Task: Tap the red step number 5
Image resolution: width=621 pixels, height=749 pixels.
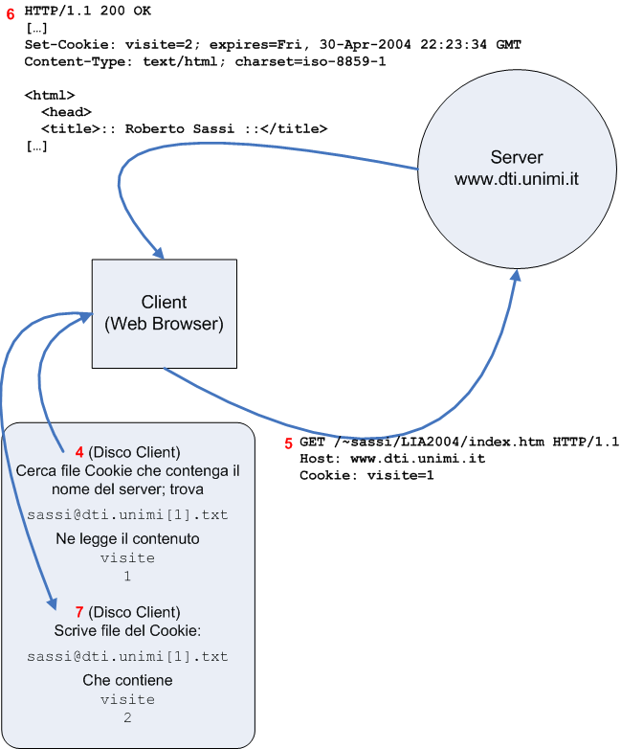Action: point(289,443)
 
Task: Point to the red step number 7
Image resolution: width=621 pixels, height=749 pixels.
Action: point(78,611)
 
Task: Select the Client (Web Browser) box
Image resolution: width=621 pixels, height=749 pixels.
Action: point(164,313)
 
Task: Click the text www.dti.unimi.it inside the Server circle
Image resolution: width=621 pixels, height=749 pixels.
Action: point(517,177)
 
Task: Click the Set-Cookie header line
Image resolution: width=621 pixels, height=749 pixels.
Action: point(273,45)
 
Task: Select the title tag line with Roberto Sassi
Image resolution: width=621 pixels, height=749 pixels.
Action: point(184,127)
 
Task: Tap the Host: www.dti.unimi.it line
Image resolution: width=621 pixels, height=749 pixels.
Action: point(392,458)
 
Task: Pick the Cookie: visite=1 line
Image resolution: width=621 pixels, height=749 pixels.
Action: point(366,474)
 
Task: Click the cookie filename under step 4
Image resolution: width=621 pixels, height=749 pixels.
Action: point(127,514)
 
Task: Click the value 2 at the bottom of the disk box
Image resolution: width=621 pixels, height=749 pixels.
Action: point(127,716)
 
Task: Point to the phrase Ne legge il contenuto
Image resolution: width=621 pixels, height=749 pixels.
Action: point(127,539)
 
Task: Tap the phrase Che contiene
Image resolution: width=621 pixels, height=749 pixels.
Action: point(127,680)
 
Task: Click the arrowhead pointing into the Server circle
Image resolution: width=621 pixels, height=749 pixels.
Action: point(516,275)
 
